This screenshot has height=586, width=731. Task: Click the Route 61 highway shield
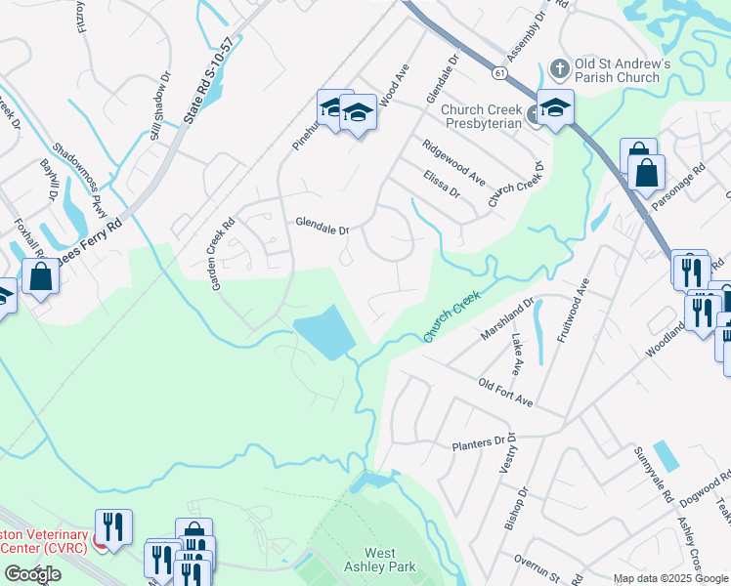point(499,73)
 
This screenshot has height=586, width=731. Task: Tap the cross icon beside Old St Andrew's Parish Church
point(559,68)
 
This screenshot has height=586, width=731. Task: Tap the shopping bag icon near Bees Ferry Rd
point(40,276)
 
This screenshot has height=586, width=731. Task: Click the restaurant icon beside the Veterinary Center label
point(113,527)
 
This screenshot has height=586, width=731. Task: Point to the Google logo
point(32,574)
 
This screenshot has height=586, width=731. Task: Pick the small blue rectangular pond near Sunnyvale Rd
point(664,455)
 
